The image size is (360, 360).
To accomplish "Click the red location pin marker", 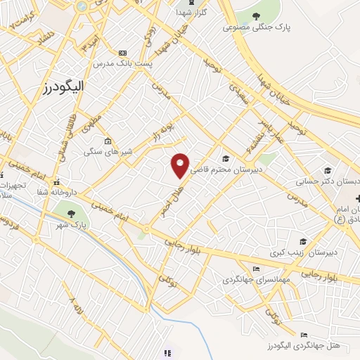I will coord(181,165).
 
